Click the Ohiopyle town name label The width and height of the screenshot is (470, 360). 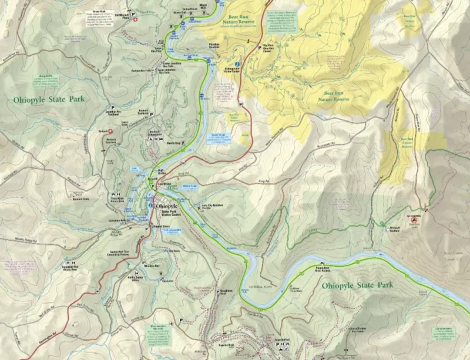[x=167, y=206]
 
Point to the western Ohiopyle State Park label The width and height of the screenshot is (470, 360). [x=49, y=99]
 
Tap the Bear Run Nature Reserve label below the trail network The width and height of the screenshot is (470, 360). [x=334, y=96]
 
